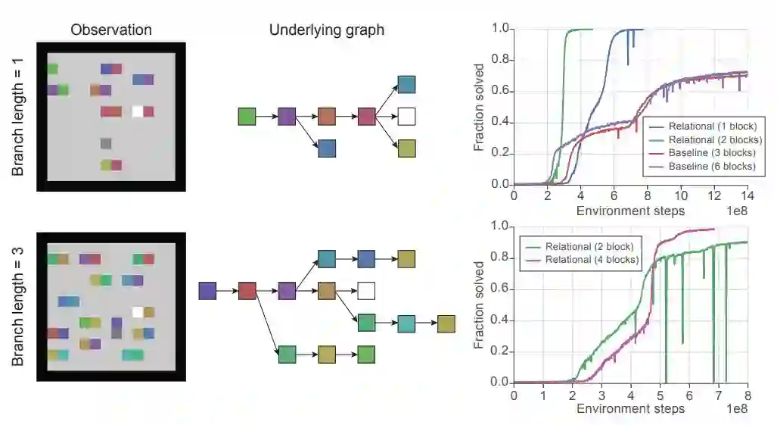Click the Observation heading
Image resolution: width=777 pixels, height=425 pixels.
(x=111, y=30)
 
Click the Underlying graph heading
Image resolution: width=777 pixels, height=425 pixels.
(x=327, y=30)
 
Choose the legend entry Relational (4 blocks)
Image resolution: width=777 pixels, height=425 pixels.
(x=591, y=260)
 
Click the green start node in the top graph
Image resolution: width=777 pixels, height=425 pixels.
(x=247, y=117)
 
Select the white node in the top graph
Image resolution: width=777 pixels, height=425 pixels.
(x=406, y=117)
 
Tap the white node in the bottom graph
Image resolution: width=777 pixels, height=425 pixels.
(x=366, y=290)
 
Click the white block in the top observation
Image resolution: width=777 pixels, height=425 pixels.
(x=138, y=111)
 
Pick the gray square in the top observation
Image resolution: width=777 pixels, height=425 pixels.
(x=106, y=143)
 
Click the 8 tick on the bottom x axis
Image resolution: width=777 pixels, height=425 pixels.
(x=747, y=394)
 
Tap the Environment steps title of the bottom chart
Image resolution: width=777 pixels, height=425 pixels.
(x=630, y=409)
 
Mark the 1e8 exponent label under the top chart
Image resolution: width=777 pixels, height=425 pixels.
(x=736, y=211)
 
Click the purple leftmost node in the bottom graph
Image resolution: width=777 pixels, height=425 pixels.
(x=207, y=290)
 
